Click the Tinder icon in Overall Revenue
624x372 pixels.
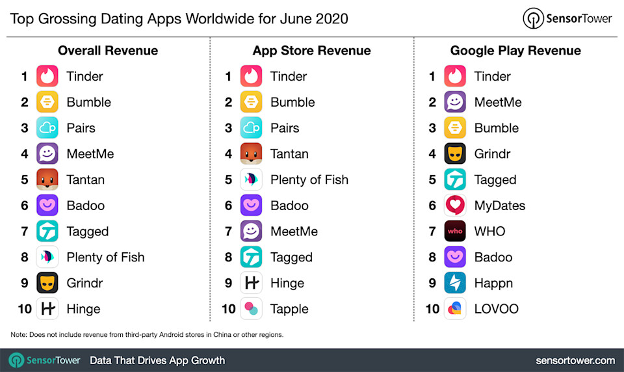tap(47, 76)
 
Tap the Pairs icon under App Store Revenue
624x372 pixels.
tap(251, 128)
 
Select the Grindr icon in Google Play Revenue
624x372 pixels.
tap(455, 154)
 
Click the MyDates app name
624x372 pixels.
tap(499, 206)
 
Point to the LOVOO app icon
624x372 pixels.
tap(455, 309)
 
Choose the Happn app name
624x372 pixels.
tap(493, 283)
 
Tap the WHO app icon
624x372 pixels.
tap(455, 232)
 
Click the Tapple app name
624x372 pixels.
tap(289, 309)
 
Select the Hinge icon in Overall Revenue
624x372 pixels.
tap(47, 309)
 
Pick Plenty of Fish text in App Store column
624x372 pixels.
tap(309, 179)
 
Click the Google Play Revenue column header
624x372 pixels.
tap(515, 51)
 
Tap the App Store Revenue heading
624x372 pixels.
tap(311, 51)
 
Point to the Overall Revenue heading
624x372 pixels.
tap(108, 51)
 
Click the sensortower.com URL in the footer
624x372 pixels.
tap(575, 360)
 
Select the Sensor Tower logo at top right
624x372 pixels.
tap(567, 18)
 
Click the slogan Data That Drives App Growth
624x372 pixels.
tap(157, 360)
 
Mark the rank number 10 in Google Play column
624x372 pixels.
tap(432, 309)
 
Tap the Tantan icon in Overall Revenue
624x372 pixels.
tap(47, 179)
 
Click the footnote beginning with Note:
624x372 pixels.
tap(147, 335)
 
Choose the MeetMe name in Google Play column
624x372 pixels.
tap(498, 102)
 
